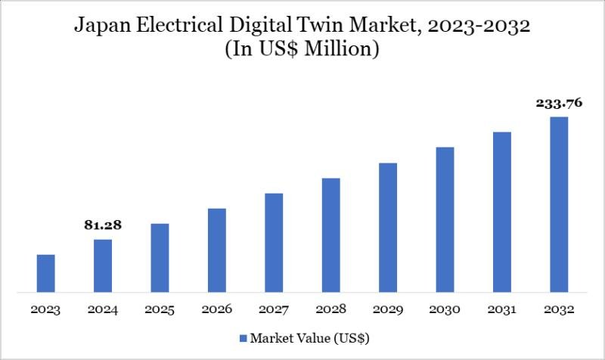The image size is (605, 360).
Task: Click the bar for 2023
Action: (x=45, y=273)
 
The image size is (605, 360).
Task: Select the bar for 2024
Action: (x=103, y=265)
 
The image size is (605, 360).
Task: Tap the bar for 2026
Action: (x=217, y=250)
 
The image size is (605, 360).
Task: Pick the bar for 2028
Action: (x=330, y=234)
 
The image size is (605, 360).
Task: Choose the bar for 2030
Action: (x=445, y=219)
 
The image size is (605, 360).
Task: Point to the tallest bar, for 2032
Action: (x=559, y=204)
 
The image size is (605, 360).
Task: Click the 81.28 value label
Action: (x=103, y=225)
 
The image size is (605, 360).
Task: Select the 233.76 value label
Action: (x=559, y=104)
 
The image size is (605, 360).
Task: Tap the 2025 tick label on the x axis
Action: (x=160, y=310)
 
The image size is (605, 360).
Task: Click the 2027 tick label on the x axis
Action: (x=274, y=310)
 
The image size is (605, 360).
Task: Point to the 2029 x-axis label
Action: (x=388, y=310)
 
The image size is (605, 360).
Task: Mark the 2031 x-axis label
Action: (x=502, y=310)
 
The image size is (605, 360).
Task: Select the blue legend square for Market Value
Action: (x=244, y=337)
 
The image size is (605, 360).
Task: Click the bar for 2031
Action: (x=502, y=212)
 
